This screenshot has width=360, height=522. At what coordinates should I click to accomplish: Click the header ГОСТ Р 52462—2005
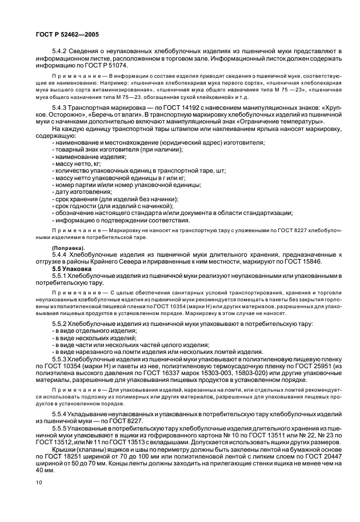[63, 34]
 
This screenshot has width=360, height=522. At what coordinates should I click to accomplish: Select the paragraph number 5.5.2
[59, 323]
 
